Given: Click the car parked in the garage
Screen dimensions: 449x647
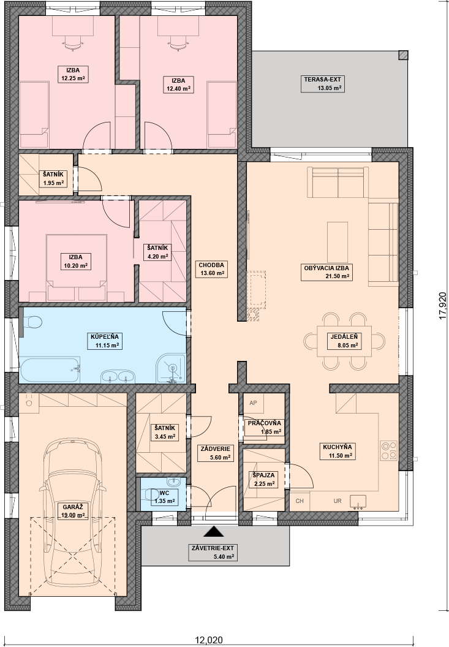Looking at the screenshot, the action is tap(73, 512).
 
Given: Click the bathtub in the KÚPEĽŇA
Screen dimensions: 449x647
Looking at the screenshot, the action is tap(50, 370).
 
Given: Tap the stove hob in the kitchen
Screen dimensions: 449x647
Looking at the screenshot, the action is tap(388, 450).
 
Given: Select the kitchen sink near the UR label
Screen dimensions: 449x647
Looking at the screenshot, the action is tap(358, 501).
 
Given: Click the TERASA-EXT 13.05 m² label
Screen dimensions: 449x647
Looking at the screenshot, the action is tap(323, 84).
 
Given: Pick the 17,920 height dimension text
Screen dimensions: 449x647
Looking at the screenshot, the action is tap(443, 305).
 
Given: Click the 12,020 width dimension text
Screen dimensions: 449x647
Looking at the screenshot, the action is tap(209, 640).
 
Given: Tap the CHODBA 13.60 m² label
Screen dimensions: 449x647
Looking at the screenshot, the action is tap(211, 269).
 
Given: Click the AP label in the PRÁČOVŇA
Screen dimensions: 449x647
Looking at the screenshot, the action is tap(254, 403).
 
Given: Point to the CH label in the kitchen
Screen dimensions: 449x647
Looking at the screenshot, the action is tap(300, 501).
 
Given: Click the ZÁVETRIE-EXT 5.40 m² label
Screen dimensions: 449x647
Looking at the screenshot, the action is tap(213, 553).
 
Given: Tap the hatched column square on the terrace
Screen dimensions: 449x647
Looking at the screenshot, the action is tap(403, 55).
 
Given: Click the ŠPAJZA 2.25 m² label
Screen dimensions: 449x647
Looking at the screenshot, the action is tap(264, 480).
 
